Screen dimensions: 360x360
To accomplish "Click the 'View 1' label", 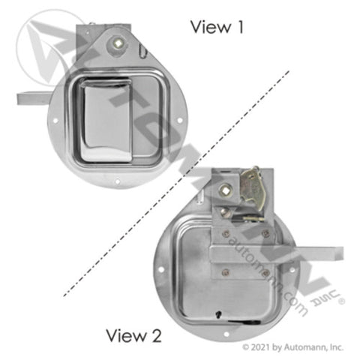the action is (x=217, y=27).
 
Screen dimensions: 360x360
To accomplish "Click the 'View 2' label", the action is (x=133, y=335).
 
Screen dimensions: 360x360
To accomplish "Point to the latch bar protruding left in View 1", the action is (x=34, y=98).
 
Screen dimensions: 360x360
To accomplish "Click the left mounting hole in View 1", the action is (x=55, y=121).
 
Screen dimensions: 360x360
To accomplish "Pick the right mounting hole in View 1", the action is (x=180, y=121).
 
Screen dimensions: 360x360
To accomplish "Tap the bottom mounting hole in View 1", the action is (x=117, y=181).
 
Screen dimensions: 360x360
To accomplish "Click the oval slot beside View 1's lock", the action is (x=142, y=51).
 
